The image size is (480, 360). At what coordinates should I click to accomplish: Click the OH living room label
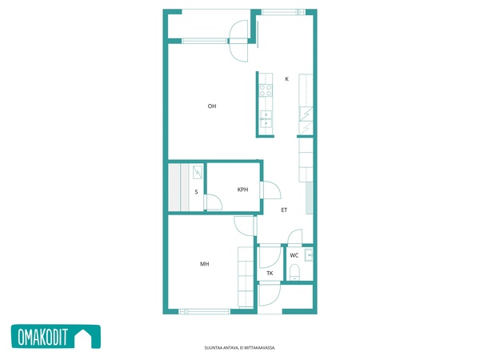pyautogui.click(x=212, y=106)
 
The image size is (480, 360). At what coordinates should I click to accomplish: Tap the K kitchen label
pyautogui.click(x=287, y=79)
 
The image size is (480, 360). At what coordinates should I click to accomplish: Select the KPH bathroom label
pyautogui.click(x=242, y=190)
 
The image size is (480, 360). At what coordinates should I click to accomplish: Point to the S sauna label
pyautogui.click(x=196, y=192)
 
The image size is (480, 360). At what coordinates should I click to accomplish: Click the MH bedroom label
pyautogui.click(x=205, y=264)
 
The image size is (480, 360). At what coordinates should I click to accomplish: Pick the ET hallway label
pyautogui.click(x=284, y=210)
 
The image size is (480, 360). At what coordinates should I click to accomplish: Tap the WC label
pyautogui.click(x=294, y=255)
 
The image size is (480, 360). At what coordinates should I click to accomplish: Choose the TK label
pyautogui.click(x=270, y=274)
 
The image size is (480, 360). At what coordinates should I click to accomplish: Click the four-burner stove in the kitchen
pyautogui.click(x=266, y=90)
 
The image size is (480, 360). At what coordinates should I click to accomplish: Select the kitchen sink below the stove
pyautogui.click(x=266, y=118)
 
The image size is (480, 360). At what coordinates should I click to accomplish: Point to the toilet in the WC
pyautogui.click(x=294, y=272)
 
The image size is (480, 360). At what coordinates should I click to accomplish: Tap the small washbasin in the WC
pyautogui.click(x=309, y=255)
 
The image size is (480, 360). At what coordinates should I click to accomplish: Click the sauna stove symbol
pyautogui.click(x=198, y=172)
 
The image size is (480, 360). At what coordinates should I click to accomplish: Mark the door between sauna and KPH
pyautogui.click(x=214, y=202)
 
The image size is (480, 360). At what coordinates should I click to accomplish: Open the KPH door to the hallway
pyautogui.click(x=270, y=190)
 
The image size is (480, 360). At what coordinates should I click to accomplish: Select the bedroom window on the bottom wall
pyautogui.click(x=205, y=312)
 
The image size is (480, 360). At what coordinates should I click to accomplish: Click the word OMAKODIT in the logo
pyautogui.click(x=42, y=337)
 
